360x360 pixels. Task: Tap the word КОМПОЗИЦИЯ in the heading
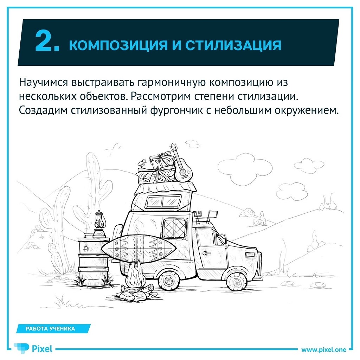point(118,45)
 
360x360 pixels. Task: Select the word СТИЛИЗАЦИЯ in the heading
point(233,45)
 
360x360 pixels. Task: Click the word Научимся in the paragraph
point(44,82)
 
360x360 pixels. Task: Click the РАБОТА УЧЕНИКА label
point(50,329)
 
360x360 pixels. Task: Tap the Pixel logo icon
point(21,348)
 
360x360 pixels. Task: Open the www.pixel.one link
point(324,350)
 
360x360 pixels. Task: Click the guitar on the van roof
point(181,164)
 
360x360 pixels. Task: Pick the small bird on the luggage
point(142,163)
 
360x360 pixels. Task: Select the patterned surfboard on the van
point(139,249)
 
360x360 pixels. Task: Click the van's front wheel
point(236,282)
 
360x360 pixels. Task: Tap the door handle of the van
point(206,253)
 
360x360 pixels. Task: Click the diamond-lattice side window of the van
point(175,229)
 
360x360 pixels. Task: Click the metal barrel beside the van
point(94,261)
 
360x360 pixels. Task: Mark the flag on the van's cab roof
point(212,214)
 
